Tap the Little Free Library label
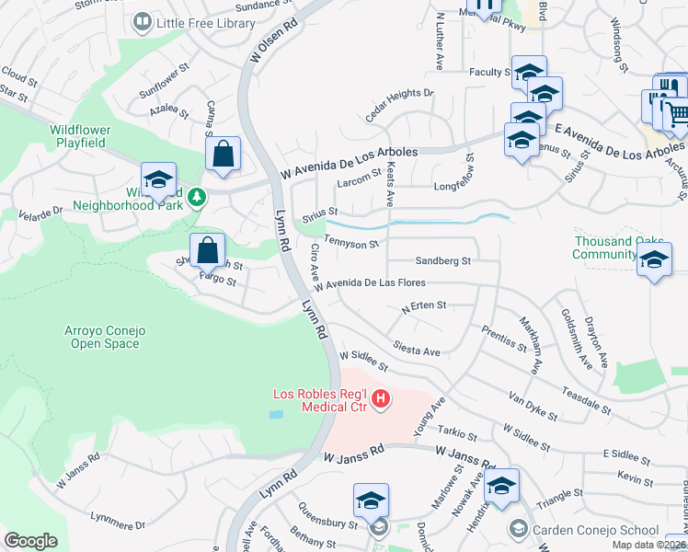(206, 23)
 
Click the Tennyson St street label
(354, 244)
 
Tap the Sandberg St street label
(442, 261)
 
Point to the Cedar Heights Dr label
(399, 104)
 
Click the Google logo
(30, 541)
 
